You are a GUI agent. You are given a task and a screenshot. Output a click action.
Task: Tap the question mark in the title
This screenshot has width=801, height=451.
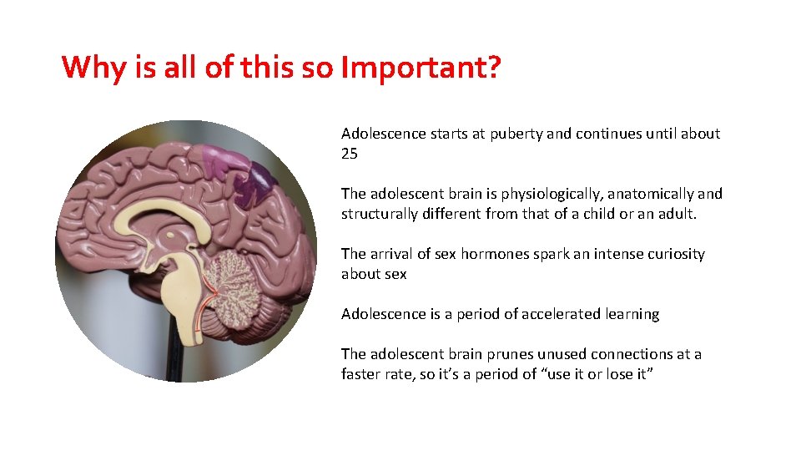pos(493,67)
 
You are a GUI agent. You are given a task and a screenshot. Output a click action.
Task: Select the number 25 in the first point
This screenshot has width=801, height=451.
pos(350,154)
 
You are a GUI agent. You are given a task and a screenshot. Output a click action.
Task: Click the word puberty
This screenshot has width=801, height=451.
pos(515,134)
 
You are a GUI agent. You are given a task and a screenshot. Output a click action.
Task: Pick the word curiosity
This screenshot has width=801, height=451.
pos(673,254)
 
